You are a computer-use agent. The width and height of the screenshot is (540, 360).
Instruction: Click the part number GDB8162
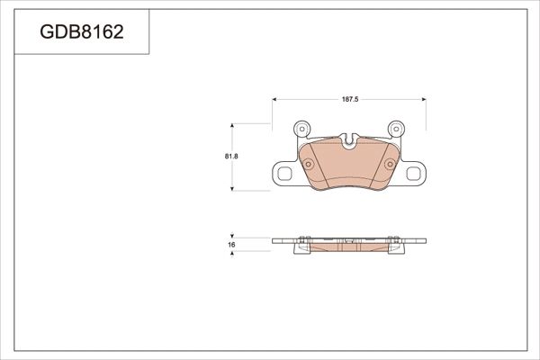[x=82, y=33]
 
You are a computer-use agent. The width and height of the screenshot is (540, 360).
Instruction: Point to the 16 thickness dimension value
[x=231, y=244]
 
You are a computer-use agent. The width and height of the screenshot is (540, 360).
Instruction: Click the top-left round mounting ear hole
[x=301, y=128]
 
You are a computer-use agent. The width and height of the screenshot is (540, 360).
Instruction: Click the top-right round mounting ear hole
[x=398, y=128]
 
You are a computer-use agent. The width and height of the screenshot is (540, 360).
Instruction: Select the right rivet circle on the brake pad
[x=390, y=164]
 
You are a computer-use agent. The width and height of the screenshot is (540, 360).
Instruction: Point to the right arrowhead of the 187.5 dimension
[x=426, y=99]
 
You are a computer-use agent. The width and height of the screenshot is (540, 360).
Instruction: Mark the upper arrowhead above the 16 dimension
[x=233, y=234]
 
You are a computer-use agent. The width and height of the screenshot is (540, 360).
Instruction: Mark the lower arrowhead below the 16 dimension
[x=233, y=255]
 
